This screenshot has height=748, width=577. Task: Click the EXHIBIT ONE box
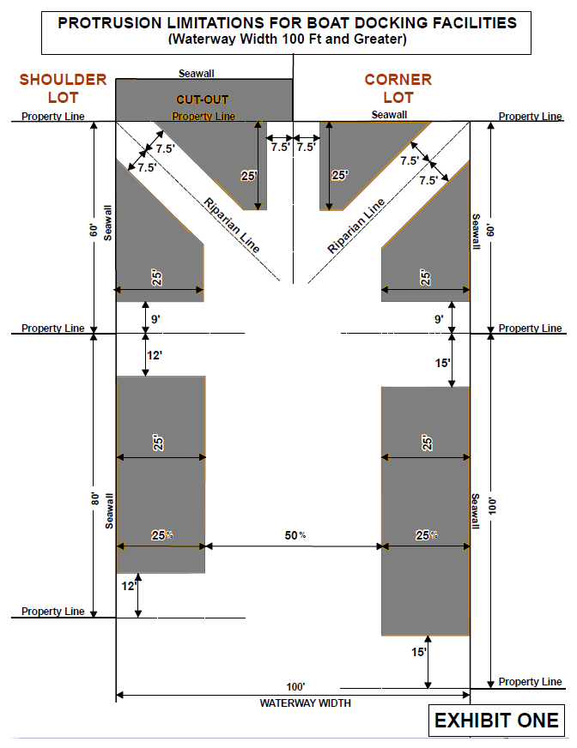pyautogui.click(x=496, y=720)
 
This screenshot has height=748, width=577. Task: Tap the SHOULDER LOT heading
pyautogui.click(x=63, y=88)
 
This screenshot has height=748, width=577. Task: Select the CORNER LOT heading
pyautogui.click(x=398, y=88)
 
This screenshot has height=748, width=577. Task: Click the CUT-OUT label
pyautogui.click(x=203, y=100)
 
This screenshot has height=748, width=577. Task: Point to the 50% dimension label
pyautogui.click(x=295, y=535)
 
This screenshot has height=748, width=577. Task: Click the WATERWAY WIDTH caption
pyautogui.click(x=305, y=703)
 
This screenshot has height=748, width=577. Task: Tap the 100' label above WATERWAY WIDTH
pyautogui.click(x=295, y=687)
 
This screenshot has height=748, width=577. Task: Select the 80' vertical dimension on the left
pyautogui.click(x=95, y=498)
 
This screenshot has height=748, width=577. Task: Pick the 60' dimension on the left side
pyautogui.click(x=94, y=230)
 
